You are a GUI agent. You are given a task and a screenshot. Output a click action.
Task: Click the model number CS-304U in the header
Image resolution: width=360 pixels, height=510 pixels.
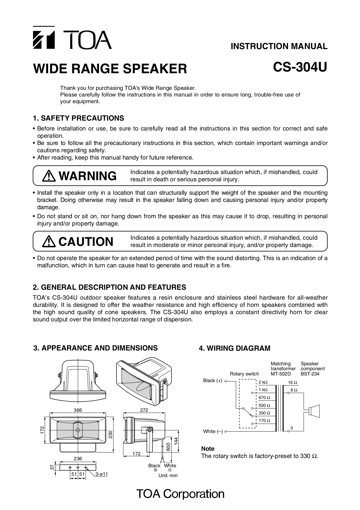(300, 67)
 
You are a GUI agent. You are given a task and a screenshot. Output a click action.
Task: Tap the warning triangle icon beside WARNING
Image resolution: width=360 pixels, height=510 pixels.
(49, 176)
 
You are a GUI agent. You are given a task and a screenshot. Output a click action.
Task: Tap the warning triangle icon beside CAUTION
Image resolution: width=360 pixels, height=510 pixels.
(49, 241)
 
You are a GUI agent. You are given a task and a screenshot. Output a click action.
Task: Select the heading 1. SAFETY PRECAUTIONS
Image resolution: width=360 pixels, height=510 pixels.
(78, 118)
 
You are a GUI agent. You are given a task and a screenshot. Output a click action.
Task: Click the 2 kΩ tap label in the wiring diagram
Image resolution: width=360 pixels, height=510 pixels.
(263, 382)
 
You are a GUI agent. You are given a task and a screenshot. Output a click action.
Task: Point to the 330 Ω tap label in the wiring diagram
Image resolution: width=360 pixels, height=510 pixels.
(264, 413)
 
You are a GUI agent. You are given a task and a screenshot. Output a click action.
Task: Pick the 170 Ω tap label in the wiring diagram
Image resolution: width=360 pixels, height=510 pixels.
(264, 420)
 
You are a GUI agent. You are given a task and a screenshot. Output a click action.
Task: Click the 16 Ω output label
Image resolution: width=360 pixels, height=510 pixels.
(292, 382)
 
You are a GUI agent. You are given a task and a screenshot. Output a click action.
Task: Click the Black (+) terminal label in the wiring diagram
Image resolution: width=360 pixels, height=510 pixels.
(213, 381)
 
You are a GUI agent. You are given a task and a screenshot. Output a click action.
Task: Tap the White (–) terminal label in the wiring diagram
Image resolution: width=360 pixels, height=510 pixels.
(213, 432)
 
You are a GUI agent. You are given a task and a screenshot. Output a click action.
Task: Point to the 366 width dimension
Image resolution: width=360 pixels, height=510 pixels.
(78, 410)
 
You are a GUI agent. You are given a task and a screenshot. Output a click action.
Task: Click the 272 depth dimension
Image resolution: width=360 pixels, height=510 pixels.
(144, 410)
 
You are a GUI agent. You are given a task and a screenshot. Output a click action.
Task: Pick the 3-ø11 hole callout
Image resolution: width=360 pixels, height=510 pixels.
(102, 474)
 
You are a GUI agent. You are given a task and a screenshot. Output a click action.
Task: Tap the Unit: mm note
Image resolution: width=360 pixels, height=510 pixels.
(168, 476)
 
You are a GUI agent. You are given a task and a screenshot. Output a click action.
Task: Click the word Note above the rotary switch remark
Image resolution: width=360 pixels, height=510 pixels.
(208, 449)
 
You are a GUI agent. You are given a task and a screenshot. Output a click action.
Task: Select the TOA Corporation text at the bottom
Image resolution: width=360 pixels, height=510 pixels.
(180, 494)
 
